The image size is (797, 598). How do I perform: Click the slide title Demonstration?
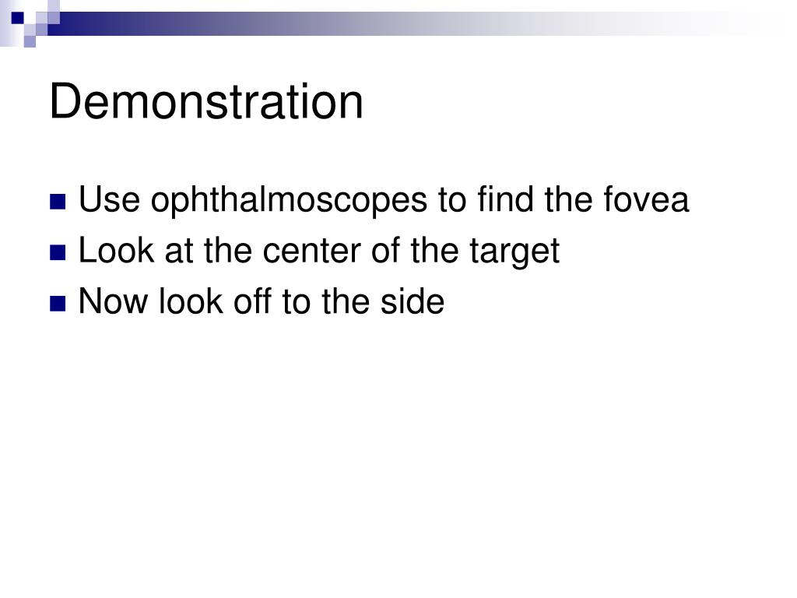tap(206, 102)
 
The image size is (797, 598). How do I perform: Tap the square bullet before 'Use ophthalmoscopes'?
tap(58, 202)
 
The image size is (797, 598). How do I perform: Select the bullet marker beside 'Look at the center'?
tap(58, 252)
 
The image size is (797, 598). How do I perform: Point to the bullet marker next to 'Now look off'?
tap(58, 303)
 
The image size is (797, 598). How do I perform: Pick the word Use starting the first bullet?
tap(109, 200)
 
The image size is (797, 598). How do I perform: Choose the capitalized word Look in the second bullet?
tap(110, 251)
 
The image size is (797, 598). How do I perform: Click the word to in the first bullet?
tap(451, 201)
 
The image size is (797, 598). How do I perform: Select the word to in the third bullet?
tap(296, 302)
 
